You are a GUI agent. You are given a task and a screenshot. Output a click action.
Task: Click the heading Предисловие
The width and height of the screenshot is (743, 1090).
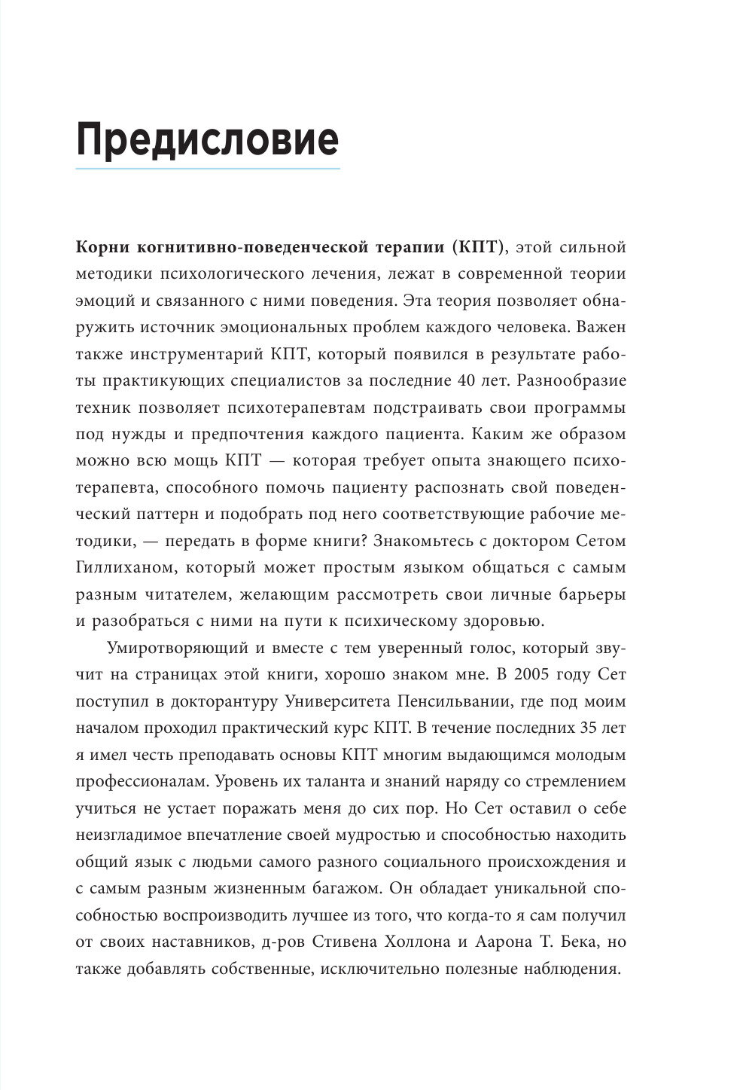point(207,139)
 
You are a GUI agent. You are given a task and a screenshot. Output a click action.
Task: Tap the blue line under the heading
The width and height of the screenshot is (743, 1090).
point(207,168)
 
